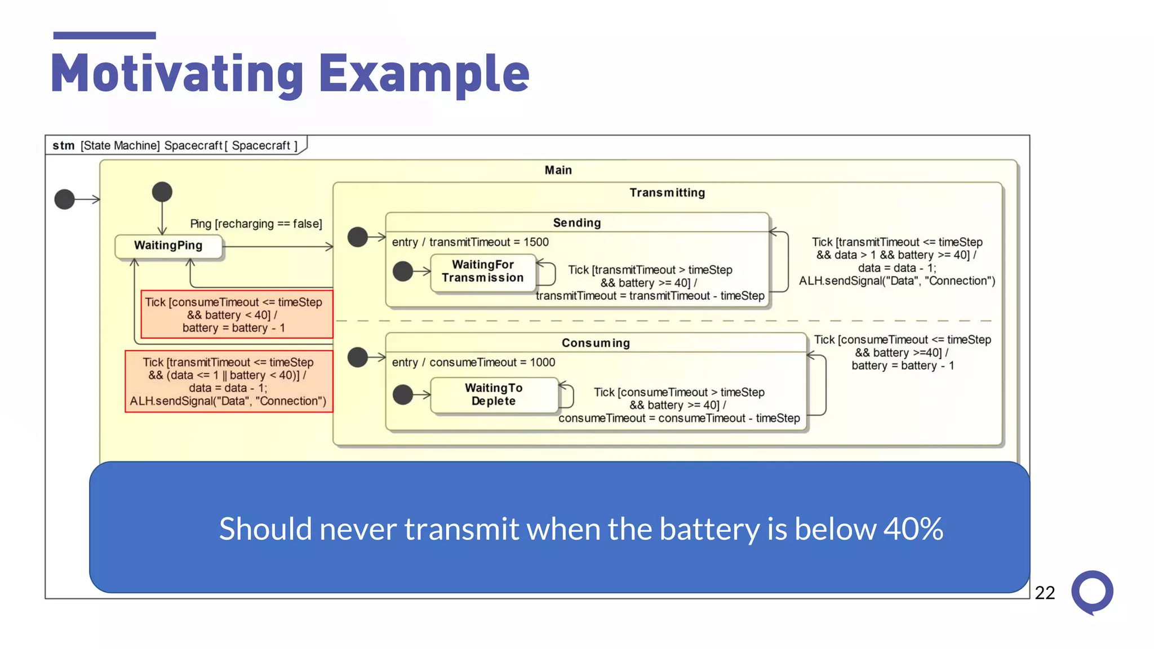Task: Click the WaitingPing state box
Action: coord(168,246)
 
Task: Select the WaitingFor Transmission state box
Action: coord(483,272)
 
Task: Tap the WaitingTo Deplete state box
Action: coord(494,395)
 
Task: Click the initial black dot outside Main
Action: coord(64,199)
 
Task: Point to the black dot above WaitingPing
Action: coord(162,192)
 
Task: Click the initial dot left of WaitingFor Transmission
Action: coord(402,272)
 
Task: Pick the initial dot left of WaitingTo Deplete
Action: coord(402,394)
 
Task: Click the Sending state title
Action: coord(577,223)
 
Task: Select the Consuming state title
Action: coord(596,343)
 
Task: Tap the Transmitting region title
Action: coord(667,193)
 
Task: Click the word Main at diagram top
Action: coord(558,170)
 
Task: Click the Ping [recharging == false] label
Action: coord(256,224)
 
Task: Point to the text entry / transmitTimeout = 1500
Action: coord(470,242)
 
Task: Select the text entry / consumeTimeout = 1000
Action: coord(473,362)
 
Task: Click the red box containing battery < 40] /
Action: coord(236,314)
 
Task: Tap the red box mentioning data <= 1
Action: coord(228,381)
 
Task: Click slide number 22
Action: coord(1045,593)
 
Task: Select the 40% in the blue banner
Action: coord(913,529)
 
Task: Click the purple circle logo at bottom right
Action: coord(1092,592)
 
